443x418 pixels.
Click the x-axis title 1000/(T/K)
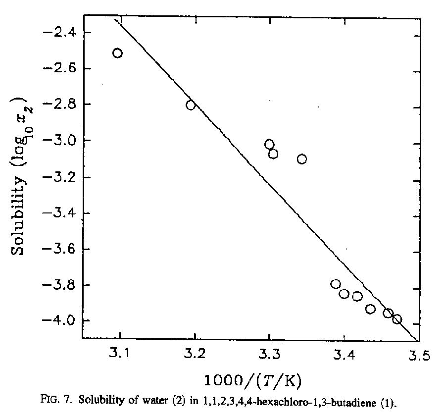[x=253, y=380]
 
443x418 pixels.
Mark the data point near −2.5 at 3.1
[x=117, y=53]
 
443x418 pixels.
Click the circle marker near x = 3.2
[x=191, y=105]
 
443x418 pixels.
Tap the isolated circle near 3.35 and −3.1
[x=301, y=159]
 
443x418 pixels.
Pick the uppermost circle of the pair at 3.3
[x=269, y=144]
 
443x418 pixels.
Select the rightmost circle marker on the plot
[x=396, y=319]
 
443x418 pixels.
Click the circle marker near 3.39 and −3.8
[x=336, y=284]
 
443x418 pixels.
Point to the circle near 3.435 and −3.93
[x=370, y=309]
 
